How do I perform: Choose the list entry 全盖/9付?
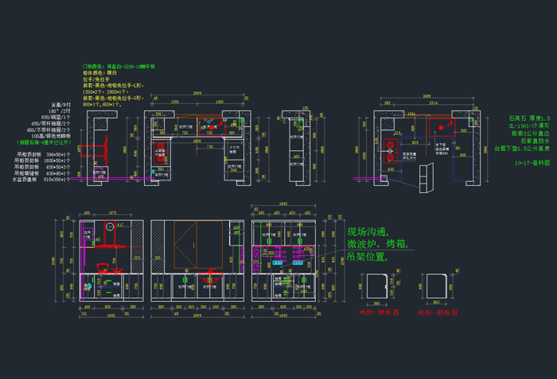(x=61, y=104)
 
